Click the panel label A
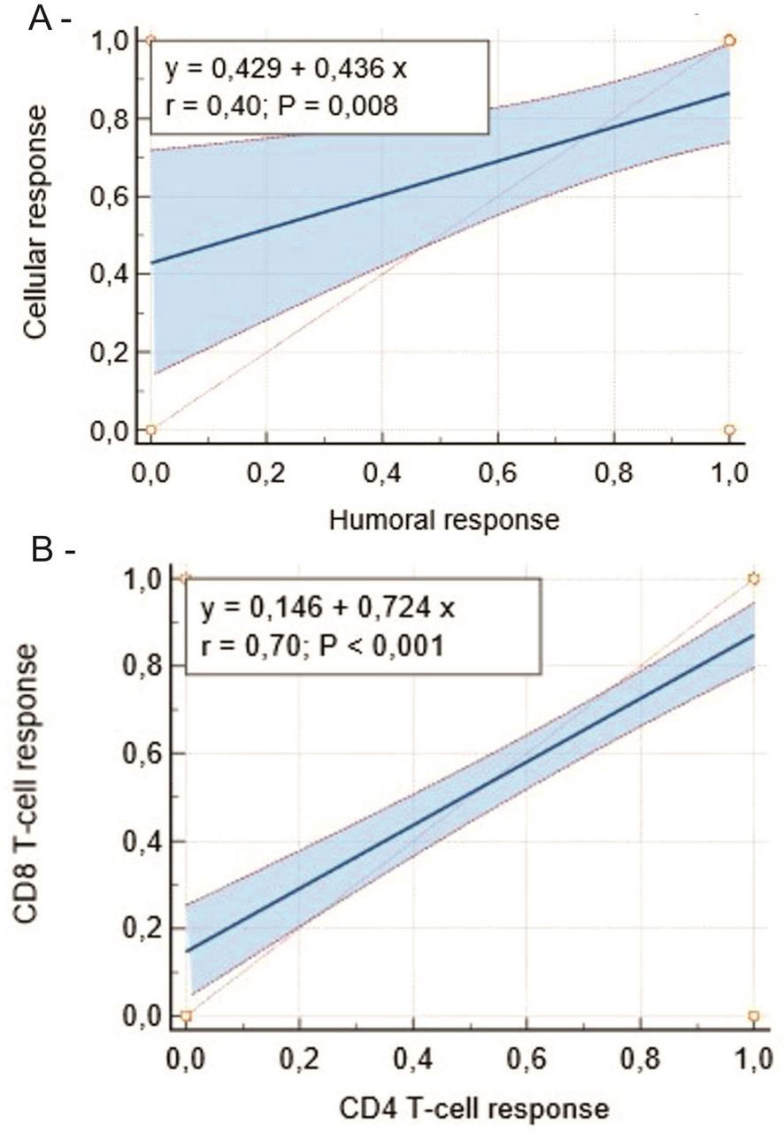pyautogui.click(x=41, y=19)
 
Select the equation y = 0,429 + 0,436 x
pyautogui.click(x=282, y=68)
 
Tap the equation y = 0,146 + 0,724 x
pyautogui.click(x=327, y=608)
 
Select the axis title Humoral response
pyautogui.click(x=443, y=520)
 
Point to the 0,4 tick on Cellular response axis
pyautogui.click(x=110, y=274)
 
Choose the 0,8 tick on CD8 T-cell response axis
pyautogui.click(x=142, y=665)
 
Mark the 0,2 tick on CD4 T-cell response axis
pyautogui.click(x=299, y=1057)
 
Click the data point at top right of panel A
pyautogui.click(x=729, y=41)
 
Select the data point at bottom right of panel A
pyautogui.click(x=729, y=430)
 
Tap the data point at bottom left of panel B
pyautogui.click(x=186, y=1015)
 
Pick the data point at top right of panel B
pyautogui.click(x=754, y=578)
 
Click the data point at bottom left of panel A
pyautogui.click(x=150, y=430)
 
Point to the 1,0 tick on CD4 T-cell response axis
pyautogui.click(x=753, y=1057)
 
